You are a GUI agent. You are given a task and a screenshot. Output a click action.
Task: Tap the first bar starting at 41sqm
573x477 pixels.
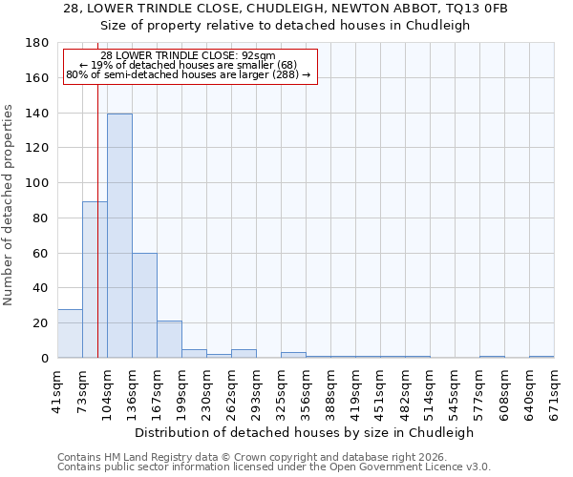tap(70, 333)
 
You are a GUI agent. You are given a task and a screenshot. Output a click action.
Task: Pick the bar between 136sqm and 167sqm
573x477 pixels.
tap(144, 305)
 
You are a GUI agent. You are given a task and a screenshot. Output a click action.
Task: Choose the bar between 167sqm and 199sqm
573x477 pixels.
tap(169, 340)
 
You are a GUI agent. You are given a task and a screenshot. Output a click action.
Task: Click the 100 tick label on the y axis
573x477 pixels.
tap(38, 183)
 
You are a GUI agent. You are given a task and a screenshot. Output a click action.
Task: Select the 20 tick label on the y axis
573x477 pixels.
tap(42, 323)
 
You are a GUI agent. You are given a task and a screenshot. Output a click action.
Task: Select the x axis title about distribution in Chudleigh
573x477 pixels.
tap(304, 432)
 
